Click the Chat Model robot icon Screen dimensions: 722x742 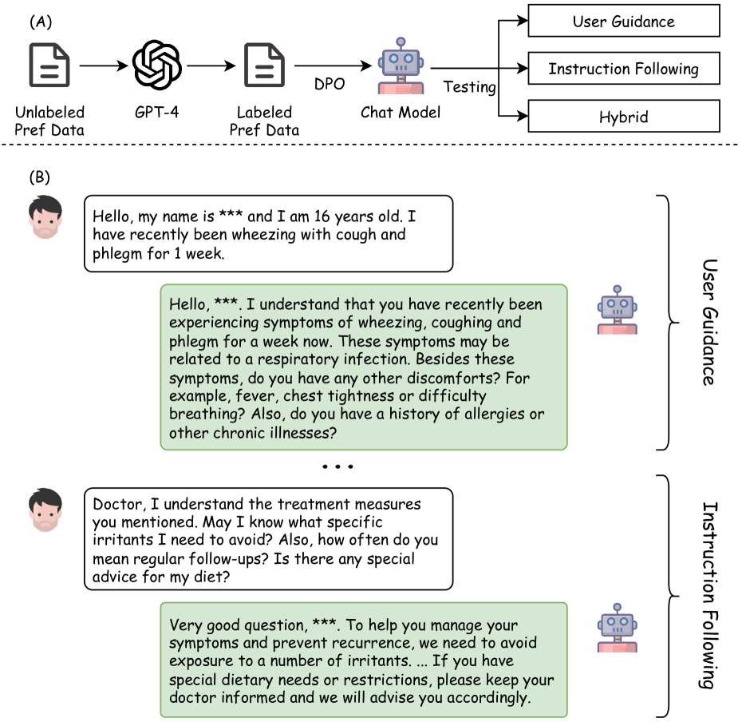click(x=399, y=65)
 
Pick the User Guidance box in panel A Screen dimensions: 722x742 click(x=623, y=22)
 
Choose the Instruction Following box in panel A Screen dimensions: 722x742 click(x=623, y=69)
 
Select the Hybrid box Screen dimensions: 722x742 click(x=623, y=117)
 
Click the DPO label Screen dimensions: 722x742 click(x=329, y=84)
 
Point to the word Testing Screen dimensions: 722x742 click(x=469, y=87)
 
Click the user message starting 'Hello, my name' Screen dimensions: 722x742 click(x=268, y=234)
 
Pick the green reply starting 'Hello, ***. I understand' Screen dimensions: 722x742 click(x=363, y=367)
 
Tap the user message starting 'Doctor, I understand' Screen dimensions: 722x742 click(x=268, y=538)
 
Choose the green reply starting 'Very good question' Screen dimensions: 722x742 click(x=363, y=660)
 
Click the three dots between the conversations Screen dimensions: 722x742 click(x=337, y=466)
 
